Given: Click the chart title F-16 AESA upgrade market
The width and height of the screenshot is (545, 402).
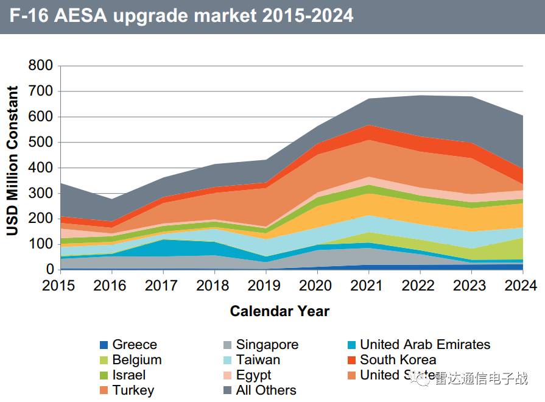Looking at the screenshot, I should (181, 15).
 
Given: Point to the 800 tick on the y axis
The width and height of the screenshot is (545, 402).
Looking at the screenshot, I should (41, 66).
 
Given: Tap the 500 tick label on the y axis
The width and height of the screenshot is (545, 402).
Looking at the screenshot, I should (41, 142).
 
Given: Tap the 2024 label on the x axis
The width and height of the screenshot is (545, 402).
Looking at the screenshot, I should (521, 286).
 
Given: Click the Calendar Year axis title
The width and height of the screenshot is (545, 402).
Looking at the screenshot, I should (280, 311).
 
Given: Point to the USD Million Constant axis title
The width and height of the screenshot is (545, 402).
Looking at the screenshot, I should (13, 161).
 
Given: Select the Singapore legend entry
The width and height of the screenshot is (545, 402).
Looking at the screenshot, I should (267, 345).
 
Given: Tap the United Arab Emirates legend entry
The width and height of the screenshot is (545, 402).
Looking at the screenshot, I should (424, 345).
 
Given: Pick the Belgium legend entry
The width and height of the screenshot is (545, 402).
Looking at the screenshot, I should (137, 360).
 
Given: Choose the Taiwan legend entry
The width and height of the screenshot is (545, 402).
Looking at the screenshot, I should (258, 360).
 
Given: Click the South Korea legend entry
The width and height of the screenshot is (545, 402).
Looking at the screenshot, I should (398, 360).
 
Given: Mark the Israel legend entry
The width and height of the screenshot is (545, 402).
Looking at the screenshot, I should (129, 375).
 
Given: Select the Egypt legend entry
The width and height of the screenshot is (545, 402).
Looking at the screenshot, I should (253, 375).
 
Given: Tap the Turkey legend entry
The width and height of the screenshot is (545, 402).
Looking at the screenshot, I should (133, 390).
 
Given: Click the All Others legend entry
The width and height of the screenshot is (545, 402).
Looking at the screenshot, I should (266, 390).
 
